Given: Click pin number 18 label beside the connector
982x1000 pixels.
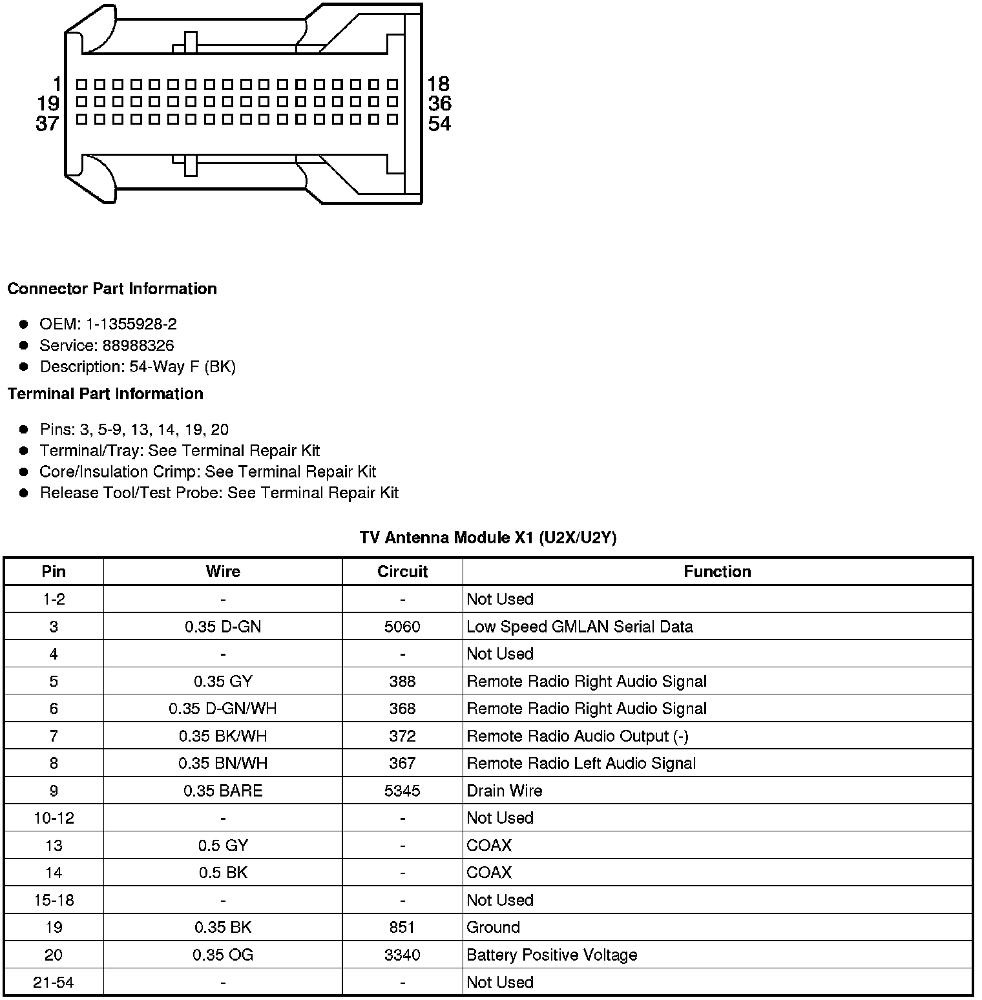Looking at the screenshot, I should [438, 84].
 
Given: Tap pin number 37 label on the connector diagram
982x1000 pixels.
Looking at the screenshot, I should [47, 123].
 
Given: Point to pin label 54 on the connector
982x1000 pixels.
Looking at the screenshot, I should [439, 123].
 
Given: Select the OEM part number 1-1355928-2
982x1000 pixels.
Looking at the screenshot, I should [131, 324].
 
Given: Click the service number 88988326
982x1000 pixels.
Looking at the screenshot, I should [138, 346].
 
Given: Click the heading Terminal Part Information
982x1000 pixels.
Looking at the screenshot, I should [105, 394].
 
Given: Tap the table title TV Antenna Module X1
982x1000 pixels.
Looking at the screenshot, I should [488, 538].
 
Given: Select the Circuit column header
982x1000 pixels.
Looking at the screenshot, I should [402, 572].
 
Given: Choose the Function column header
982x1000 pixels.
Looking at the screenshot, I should [717, 572].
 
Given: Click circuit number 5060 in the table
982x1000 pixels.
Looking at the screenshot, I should [402, 627].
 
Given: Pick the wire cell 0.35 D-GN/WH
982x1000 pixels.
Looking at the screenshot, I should [223, 709].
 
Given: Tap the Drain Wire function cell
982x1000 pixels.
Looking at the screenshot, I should [505, 791].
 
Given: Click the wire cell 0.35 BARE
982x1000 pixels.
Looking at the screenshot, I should [223, 791].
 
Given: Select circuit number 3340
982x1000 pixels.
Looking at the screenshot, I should [402, 955].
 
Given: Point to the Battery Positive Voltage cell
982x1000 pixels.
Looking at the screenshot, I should [552, 955].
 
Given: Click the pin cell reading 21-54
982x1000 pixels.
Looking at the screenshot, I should [54, 983].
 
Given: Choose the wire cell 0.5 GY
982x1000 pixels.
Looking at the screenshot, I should [223, 846].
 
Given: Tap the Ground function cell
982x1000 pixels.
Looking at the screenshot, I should [493, 928].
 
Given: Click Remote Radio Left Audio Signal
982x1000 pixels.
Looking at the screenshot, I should [581, 764].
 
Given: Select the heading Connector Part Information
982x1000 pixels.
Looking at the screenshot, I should [112, 289].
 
